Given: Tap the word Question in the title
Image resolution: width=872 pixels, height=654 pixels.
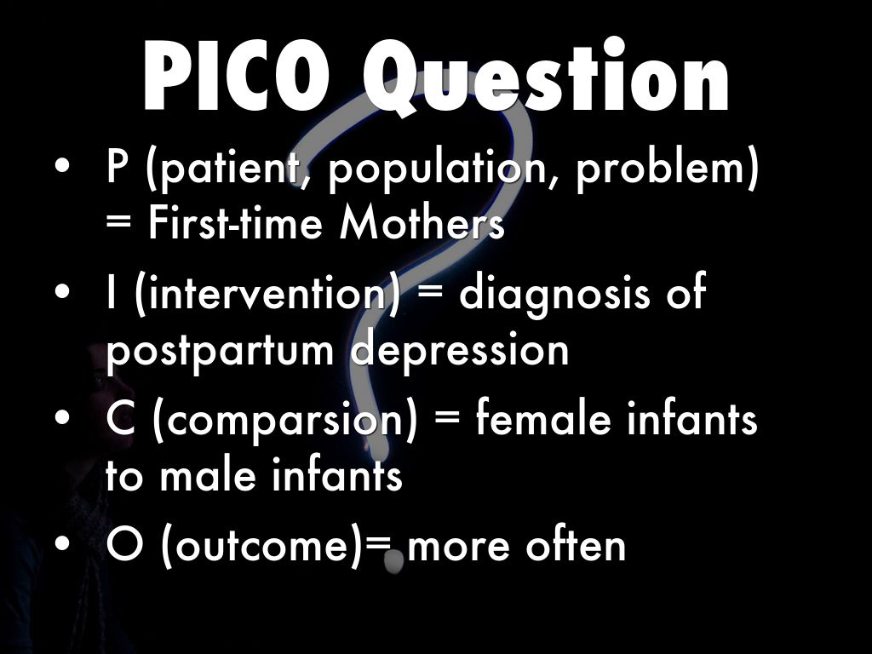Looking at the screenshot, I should [x=545, y=78].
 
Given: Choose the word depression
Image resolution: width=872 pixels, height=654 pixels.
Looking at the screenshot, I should [x=461, y=349].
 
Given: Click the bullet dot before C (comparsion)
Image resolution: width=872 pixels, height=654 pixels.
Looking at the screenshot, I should [x=64, y=421].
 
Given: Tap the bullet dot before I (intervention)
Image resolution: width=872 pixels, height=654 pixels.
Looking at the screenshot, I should [x=64, y=295].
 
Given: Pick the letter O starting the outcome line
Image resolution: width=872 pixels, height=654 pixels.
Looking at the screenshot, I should [x=124, y=546].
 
